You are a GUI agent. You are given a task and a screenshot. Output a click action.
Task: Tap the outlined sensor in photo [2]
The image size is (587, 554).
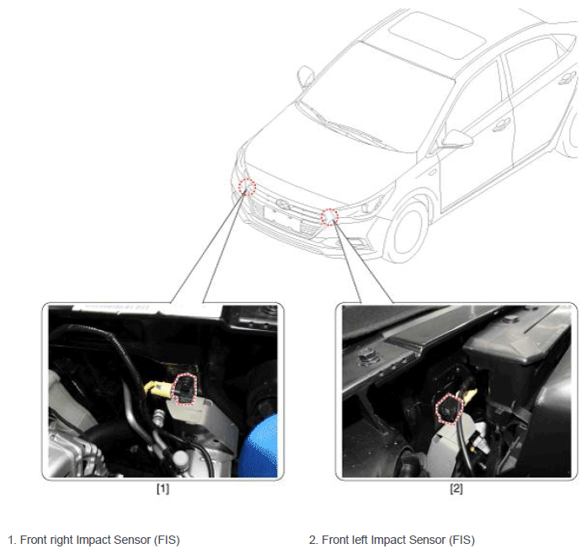(x=449, y=408)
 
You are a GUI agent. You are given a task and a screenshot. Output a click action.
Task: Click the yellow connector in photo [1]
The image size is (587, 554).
(x=158, y=388)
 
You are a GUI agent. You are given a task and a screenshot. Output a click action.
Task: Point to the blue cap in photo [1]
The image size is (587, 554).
(x=259, y=446)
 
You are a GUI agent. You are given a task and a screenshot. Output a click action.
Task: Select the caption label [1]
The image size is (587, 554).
(x=163, y=488)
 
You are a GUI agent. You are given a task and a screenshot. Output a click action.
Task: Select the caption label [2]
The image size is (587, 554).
(x=456, y=488)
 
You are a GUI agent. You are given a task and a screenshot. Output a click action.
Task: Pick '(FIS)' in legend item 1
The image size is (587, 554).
(x=167, y=540)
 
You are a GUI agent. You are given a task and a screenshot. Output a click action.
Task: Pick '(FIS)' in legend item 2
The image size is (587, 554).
(x=462, y=540)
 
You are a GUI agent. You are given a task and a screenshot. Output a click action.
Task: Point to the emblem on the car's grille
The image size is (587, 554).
(x=284, y=203)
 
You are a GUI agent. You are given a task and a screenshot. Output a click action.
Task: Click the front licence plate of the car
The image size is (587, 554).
(x=283, y=219)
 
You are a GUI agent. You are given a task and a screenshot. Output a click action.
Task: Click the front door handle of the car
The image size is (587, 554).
(x=501, y=125)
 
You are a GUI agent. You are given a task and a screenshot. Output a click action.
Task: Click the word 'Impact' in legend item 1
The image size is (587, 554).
(x=93, y=540)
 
